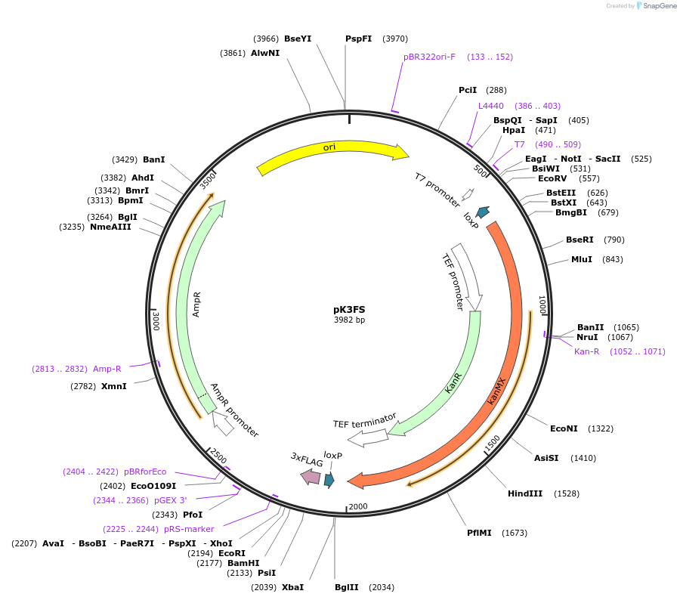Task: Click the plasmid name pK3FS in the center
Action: [x=349, y=309]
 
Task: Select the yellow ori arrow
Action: [x=332, y=154]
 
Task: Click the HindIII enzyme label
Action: [x=525, y=493]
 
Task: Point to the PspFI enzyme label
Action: [x=358, y=39]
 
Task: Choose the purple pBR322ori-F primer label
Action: [x=429, y=57]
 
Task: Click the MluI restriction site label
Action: [x=581, y=259]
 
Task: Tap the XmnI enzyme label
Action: [x=114, y=386]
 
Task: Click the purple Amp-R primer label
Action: [x=107, y=369]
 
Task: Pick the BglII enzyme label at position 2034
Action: [x=347, y=587]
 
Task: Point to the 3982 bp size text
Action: [x=349, y=320]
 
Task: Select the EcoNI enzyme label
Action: [x=564, y=428]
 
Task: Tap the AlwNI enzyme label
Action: [x=265, y=53]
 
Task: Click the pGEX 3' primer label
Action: [x=170, y=499]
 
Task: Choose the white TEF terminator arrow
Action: [x=367, y=436]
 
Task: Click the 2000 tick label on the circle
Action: [x=357, y=506]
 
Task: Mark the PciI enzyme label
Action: [x=468, y=90]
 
